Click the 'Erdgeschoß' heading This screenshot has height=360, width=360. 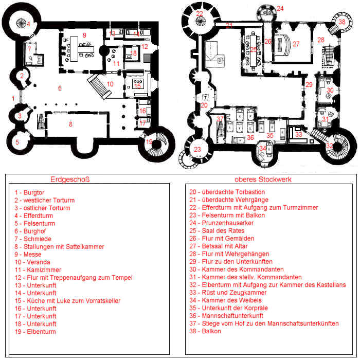pyautogui.click(x=70, y=179)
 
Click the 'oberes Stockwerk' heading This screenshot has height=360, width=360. pyautogui.click(x=263, y=179)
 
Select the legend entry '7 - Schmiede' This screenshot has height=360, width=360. pyautogui.click(x=33, y=239)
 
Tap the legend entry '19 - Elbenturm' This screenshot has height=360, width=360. pyautogui.click(x=35, y=332)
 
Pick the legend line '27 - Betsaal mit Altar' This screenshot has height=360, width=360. pyautogui.click(x=219, y=246)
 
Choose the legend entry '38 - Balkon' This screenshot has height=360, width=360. pyautogui.click(x=205, y=331)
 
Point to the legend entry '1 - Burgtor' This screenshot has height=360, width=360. pyautogui.click(x=29, y=192)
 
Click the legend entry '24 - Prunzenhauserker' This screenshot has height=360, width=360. pyautogui.click(x=221, y=223)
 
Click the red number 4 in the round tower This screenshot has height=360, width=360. pyautogui.click(x=28, y=24)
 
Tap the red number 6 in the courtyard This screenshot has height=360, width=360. pyautogui.click(x=60, y=88)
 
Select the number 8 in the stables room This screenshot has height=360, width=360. pyautogui.click(x=70, y=124)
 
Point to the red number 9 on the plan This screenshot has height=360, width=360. pyautogui.click(x=84, y=35)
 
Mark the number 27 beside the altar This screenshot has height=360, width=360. pyautogui.click(x=296, y=44)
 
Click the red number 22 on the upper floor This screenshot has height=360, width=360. pyautogui.click(x=200, y=13)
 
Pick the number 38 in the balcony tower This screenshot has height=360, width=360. pyautogui.click(x=342, y=22)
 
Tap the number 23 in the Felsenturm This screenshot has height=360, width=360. pyautogui.click(x=197, y=150)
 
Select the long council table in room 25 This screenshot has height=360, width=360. pyautogui.click(x=253, y=50)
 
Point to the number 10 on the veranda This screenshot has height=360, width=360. pyautogui.click(x=110, y=84)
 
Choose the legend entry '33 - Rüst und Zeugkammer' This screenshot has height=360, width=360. pyautogui.click(x=228, y=293)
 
